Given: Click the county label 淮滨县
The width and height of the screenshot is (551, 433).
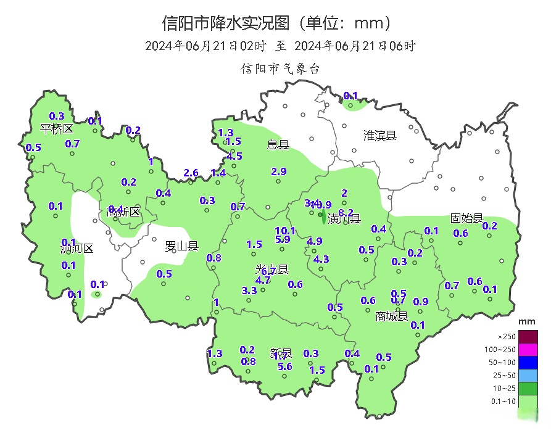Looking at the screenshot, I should pos(379,135).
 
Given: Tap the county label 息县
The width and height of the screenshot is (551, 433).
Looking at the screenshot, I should pos(278,145).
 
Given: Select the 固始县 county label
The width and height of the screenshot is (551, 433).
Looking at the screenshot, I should pos(466,218).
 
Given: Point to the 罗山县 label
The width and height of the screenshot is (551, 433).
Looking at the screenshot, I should pos(181,247).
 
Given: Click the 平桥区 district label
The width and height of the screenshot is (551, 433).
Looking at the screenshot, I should pos(56,128).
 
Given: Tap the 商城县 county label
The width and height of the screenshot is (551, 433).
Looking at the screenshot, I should pos(392,316).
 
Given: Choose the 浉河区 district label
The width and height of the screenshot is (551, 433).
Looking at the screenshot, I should pos(77,249).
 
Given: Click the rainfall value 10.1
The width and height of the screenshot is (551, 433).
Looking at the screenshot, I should pos(285,231).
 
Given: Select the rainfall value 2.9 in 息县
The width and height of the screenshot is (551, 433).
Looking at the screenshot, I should pos(279,171).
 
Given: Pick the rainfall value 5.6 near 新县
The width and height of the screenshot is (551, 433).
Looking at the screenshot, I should pos(285,366).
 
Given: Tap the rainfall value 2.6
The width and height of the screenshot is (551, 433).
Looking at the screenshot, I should pos(191,173).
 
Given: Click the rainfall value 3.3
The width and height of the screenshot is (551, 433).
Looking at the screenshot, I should pos(249,291).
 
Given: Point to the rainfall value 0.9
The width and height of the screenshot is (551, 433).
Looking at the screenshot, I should pos(421,302).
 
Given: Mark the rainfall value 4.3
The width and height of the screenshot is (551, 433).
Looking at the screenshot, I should pos(321,260).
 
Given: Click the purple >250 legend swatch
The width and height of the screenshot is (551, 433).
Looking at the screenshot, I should pos(528,337).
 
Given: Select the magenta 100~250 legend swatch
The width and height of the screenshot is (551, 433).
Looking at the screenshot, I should pos(528,350).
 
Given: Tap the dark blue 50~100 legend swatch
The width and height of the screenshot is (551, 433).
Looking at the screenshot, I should pos(528,363).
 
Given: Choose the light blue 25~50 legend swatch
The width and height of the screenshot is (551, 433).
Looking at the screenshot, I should pos(528,376).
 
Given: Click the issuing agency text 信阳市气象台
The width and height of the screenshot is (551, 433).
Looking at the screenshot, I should pos(280,68).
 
